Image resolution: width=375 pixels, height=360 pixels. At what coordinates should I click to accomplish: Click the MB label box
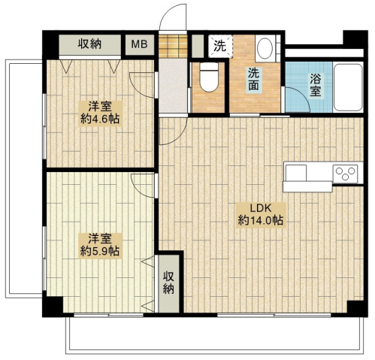[x=140, y=44]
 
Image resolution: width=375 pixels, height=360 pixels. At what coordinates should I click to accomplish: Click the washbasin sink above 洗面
[x=265, y=50]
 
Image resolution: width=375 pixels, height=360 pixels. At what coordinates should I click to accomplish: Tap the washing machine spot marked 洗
[x=219, y=46]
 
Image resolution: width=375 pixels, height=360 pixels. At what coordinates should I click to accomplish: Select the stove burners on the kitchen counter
[x=345, y=174]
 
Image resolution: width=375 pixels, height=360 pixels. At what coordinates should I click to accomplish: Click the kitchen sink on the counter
[x=296, y=173]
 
